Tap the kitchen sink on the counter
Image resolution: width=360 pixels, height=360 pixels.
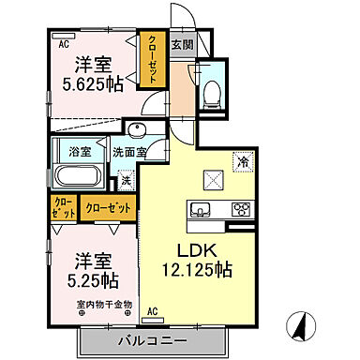200,209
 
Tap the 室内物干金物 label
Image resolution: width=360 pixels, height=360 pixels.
105,303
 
